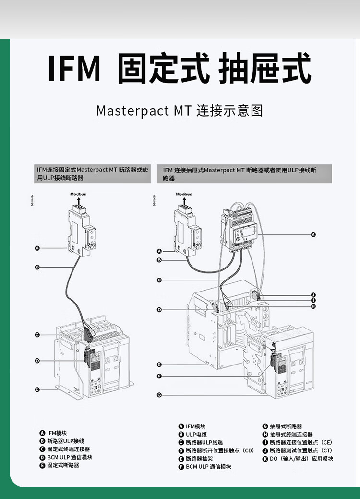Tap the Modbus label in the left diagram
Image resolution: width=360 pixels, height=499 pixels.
pyautogui.click(x=78, y=194)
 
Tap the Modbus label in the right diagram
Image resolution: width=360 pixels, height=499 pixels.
pyautogui.click(x=184, y=194)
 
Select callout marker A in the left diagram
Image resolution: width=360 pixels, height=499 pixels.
pyautogui.click(x=37, y=248)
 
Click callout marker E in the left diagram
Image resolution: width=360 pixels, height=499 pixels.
pyautogui.click(x=37, y=389)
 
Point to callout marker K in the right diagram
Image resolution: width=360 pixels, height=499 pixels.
pyautogui.click(x=313, y=234)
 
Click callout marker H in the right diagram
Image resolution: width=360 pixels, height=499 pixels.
pyautogui.click(x=313, y=306)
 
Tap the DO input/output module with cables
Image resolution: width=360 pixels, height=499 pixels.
pyautogui.click(x=237, y=228)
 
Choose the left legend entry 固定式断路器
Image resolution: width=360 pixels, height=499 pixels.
pyautogui.click(x=63, y=465)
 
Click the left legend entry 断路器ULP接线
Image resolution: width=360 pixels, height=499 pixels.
pyautogui.click(x=65, y=441)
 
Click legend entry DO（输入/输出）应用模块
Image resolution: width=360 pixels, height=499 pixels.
pyautogui.click(x=301, y=459)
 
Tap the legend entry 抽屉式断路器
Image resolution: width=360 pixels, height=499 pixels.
pyautogui.click(x=286, y=426)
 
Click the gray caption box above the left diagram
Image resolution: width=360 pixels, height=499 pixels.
pyautogui.click(x=93, y=174)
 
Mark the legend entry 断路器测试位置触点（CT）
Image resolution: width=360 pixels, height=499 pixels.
pyautogui.click(x=300, y=450)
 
